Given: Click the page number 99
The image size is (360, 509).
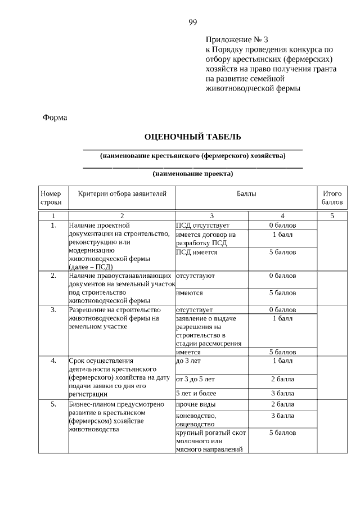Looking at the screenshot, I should click(193, 22).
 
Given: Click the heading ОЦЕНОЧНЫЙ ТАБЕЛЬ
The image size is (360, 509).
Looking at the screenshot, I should click(193, 137).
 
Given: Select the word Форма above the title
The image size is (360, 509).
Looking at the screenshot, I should click(55, 118).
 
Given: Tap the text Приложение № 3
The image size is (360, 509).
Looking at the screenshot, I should click(237, 40).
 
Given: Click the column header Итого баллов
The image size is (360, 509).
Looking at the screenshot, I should click(332, 197).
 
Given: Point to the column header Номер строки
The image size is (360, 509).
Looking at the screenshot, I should click(51, 197).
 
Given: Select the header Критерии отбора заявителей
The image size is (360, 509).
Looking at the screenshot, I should click(122, 193).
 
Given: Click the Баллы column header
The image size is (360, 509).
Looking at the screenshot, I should click(246, 193).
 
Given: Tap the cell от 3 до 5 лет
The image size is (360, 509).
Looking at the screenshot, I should click(195, 379).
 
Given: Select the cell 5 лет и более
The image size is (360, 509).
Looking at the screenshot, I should click(197, 393).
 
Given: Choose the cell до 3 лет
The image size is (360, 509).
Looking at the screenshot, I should click(188, 361).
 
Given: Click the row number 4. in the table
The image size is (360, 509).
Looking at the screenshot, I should click(53, 361).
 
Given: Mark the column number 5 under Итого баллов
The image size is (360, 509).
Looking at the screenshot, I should click(332, 215).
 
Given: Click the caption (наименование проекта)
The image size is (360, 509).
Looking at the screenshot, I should click(192, 174).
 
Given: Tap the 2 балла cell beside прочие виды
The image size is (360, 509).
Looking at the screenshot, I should click(282, 404).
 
